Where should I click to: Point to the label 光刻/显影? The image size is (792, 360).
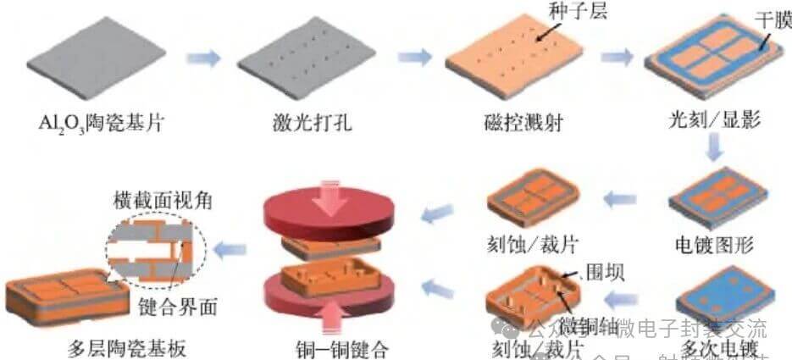point(714,119)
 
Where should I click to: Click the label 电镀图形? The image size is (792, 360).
point(714,246)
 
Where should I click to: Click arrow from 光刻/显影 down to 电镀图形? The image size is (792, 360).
point(715,149)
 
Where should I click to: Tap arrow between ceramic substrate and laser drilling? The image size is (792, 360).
point(202,58)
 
